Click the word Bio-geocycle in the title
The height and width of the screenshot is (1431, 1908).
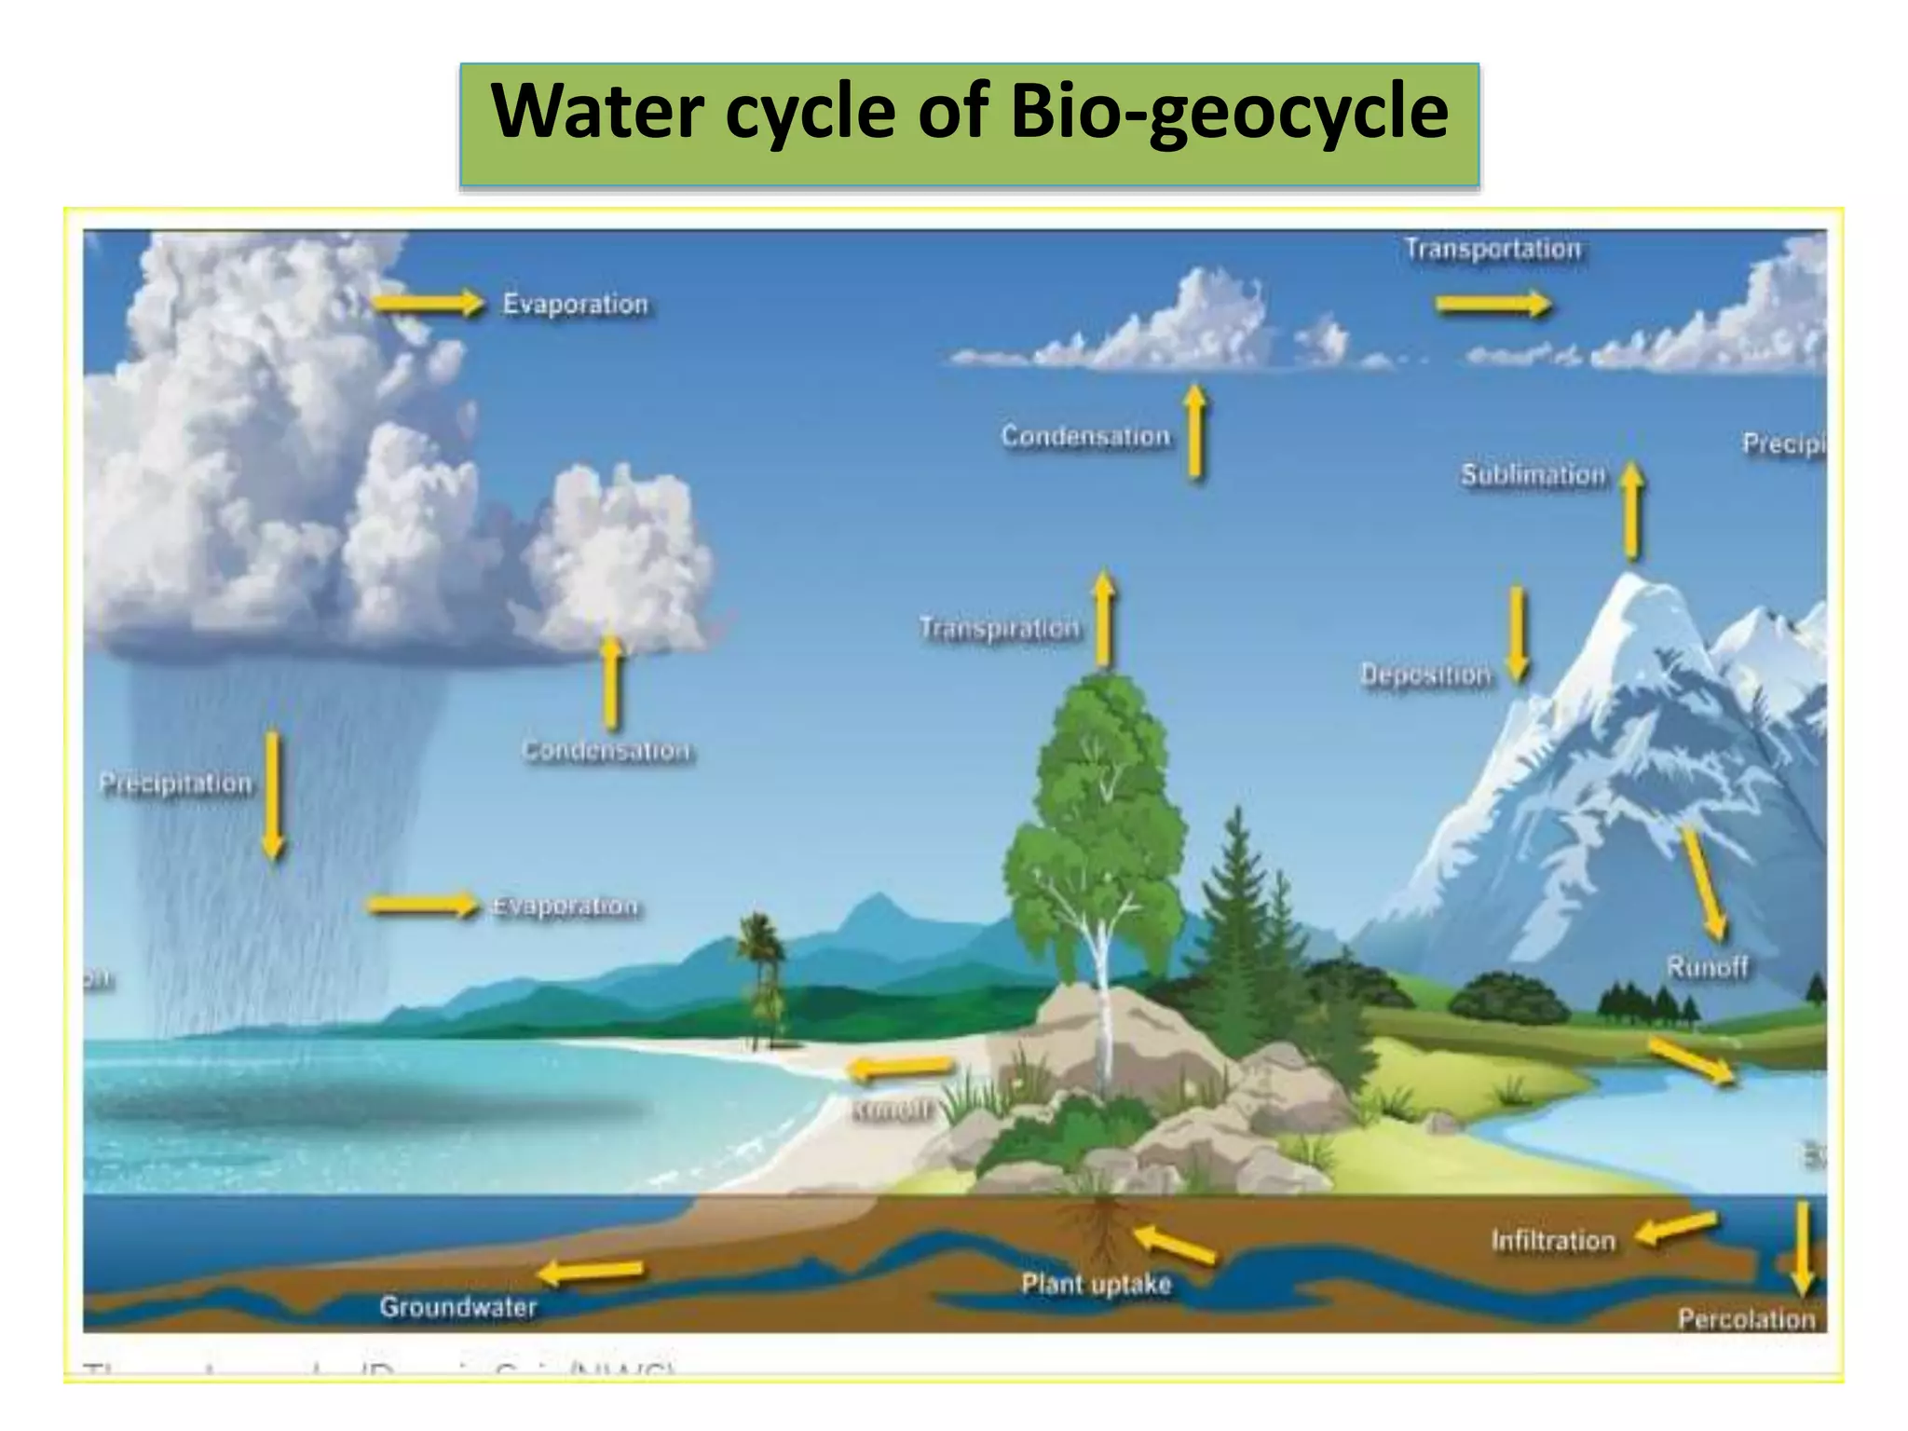click(1229, 112)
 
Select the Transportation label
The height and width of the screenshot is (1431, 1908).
click(1492, 250)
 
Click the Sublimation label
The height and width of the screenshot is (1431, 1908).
click(1533, 475)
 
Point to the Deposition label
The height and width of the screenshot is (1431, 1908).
click(1425, 675)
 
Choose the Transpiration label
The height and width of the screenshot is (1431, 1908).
click(1000, 629)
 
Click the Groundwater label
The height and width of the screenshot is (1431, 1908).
click(457, 1307)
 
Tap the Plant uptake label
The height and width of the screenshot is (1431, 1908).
click(1096, 1285)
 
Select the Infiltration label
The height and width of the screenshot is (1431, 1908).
click(1553, 1241)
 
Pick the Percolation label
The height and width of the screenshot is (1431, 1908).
click(1746, 1319)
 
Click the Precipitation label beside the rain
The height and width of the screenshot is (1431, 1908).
click(176, 784)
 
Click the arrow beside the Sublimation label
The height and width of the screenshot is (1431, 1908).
click(1631, 511)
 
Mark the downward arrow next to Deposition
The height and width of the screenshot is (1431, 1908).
click(1518, 634)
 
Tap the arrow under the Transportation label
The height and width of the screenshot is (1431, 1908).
click(1493, 304)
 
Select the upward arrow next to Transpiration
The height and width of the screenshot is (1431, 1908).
click(1104, 620)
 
